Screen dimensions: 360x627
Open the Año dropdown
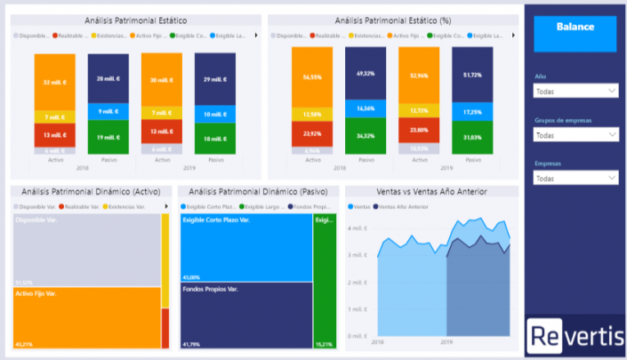(x=575, y=91)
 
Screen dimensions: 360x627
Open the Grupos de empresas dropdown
(x=575, y=134)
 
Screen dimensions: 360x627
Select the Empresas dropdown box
(x=575, y=178)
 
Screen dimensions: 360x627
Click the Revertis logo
(x=575, y=335)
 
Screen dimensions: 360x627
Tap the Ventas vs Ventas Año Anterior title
(x=431, y=191)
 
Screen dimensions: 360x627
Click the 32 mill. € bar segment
(x=55, y=82)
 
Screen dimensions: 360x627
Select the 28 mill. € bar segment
(x=109, y=78)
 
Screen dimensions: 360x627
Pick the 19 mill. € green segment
(x=109, y=137)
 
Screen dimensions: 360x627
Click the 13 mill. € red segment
(x=55, y=135)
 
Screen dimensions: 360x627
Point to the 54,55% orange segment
(x=312, y=77)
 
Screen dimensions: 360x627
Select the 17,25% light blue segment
(x=472, y=113)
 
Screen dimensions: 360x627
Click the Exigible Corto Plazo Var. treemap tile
(x=245, y=247)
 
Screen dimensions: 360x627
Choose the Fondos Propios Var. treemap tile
(x=245, y=315)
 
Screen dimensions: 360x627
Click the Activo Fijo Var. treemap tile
(x=86, y=317)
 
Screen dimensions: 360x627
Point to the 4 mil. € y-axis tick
(x=359, y=228)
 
